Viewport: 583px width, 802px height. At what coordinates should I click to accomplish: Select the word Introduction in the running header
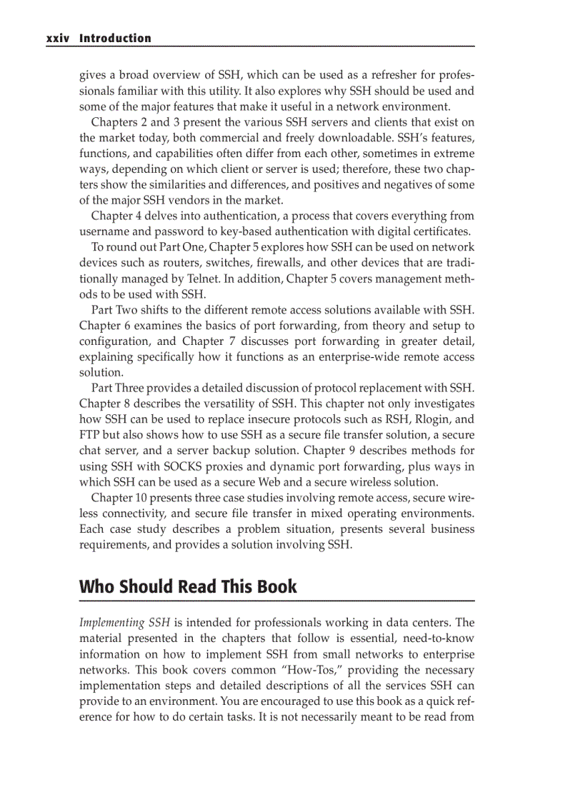[115, 39]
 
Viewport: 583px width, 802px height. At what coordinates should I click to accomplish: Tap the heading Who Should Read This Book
[188, 586]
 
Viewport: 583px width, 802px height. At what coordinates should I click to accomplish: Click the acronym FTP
[91, 435]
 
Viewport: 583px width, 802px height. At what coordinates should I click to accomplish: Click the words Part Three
[118, 388]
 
